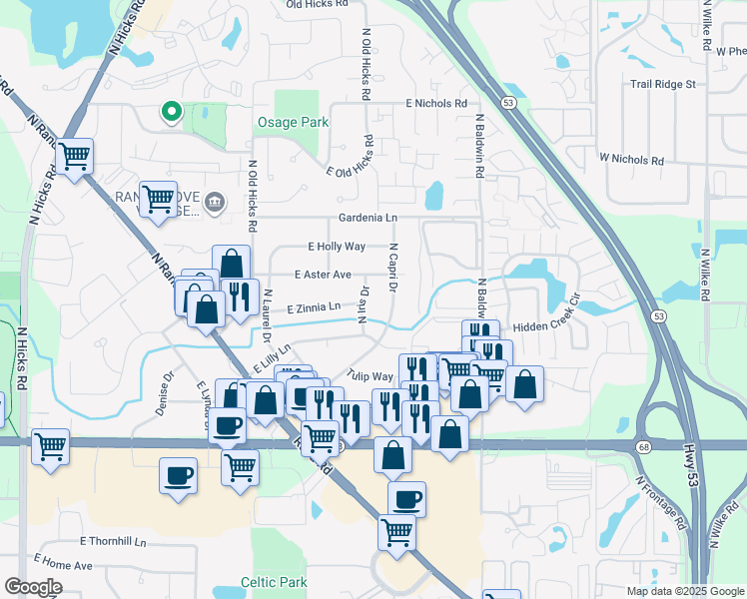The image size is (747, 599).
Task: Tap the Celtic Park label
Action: [272, 581]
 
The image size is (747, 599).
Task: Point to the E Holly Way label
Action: [337, 246]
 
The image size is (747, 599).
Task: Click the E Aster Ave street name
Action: [323, 275]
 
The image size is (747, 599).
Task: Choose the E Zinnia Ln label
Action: [313, 307]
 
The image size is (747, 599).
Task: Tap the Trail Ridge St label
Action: [662, 85]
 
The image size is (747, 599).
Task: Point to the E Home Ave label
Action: [63, 565]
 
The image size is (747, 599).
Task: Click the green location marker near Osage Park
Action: [172, 113]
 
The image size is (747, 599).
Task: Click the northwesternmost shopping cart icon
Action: [75, 156]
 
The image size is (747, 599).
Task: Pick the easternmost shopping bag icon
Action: [524, 384]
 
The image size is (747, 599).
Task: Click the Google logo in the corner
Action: [33, 587]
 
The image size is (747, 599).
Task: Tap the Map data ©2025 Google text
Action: [684, 591]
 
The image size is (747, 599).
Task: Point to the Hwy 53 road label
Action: [693, 465]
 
